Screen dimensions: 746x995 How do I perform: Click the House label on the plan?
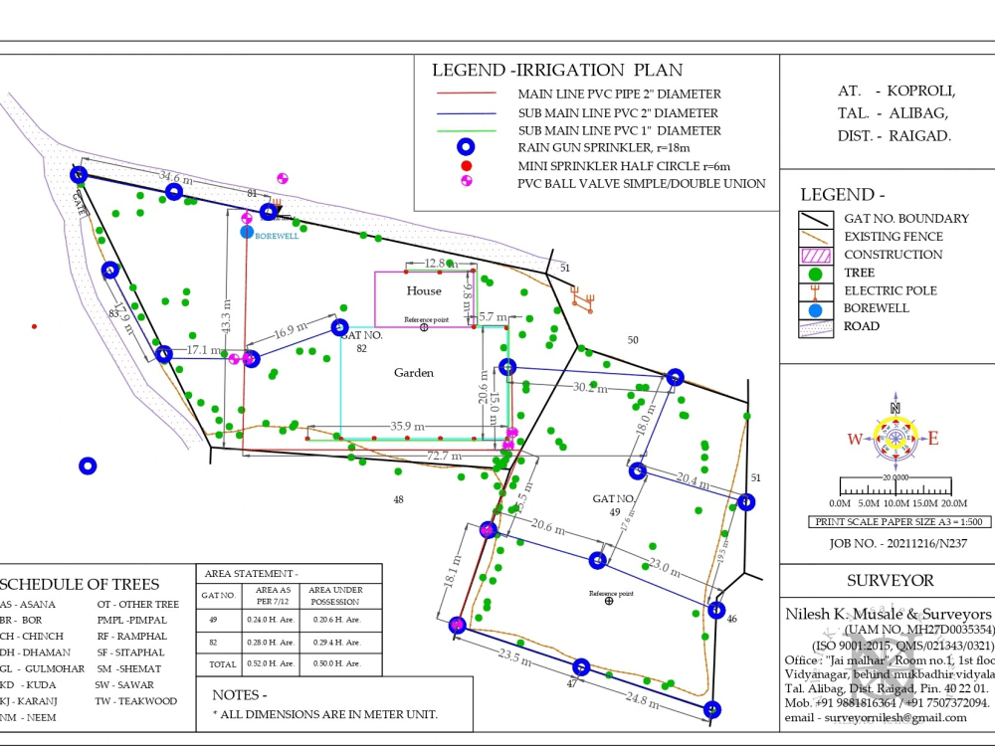(424, 290)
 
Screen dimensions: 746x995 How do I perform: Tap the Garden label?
(414, 373)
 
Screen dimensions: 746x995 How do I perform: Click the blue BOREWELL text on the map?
(277, 236)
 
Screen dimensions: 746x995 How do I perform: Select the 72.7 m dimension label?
(444, 456)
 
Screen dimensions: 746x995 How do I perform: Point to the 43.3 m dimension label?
(227, 317)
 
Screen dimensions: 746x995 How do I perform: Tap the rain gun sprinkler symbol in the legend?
(464, 147)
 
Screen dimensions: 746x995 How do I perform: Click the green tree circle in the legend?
(816, 273)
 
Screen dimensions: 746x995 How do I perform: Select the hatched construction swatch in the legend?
(816, 255)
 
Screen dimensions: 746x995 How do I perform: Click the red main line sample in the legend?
(466, 93)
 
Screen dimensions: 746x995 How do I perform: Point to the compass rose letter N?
(895, 408)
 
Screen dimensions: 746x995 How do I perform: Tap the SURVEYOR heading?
(890, 580)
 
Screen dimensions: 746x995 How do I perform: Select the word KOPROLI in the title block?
(922, 91)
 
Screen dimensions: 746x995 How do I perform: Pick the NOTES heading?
(240, 694)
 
